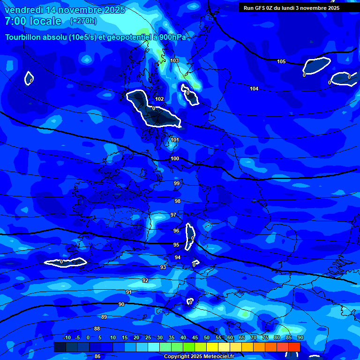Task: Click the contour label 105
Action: [x=281, y=61]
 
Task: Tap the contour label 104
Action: [x=254, y=89]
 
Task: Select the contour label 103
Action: [x=174, y=60]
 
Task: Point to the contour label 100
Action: [x=175, y=158]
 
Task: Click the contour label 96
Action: [x=176, y=231]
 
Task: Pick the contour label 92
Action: [x=145, y=280]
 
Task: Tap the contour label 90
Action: [x=121, y=304]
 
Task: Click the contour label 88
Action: [x=97, y=329]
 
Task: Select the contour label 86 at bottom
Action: [x=97, y=356]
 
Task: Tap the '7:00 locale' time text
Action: [x=33, y=21]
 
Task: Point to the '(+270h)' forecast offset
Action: [x=83, y=21]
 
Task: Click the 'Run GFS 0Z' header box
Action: [x=298, y=7]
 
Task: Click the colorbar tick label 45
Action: [x=206, y=337]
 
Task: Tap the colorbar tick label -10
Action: [x=67, y=337]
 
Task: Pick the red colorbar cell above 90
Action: [x=294, y=347]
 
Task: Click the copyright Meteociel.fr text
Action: [x=199, y=356]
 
